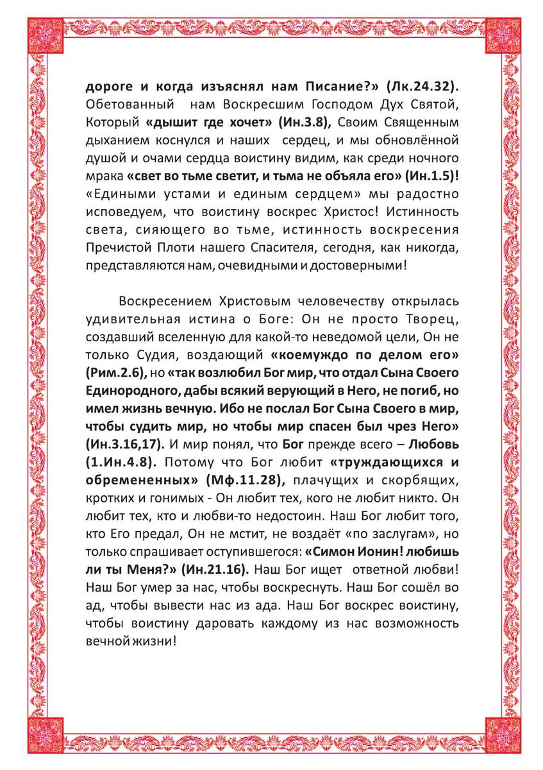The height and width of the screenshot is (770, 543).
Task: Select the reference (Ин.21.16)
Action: click(219, 568)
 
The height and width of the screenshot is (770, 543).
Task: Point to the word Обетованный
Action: click(123, 105)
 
